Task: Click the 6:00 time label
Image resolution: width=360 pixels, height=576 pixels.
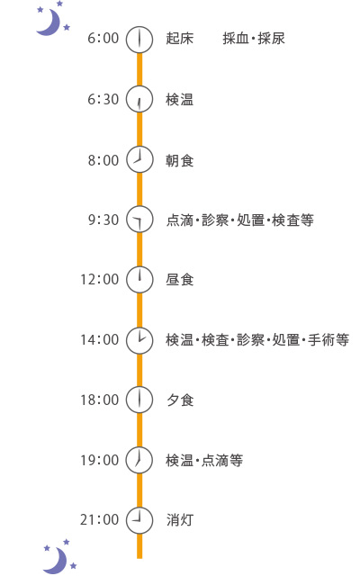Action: pos(103,38)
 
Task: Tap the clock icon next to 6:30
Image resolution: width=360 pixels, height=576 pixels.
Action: pos(139,99)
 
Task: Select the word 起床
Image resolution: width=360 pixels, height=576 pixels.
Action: pos(180,38)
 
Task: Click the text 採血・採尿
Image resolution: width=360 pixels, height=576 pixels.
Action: pos(254,38)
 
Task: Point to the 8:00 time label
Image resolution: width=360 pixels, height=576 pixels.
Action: pos(103,160)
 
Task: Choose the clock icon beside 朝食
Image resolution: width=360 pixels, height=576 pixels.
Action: pos(139,159)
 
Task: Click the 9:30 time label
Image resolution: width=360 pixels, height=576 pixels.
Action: pos(103,220)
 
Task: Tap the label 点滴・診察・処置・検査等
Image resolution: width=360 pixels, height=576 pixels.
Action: pos(240,220)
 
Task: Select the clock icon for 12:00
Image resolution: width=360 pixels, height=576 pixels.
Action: pos(139,279)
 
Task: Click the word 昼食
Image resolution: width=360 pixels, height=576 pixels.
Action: pos(180,280)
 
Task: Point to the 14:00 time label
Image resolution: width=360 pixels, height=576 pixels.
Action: pos(100,340)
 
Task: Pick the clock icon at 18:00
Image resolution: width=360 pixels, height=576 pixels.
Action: pos(139,400)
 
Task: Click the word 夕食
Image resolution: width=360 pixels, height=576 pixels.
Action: pos(180,400)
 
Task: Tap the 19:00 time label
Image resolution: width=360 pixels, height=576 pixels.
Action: pos(100,460)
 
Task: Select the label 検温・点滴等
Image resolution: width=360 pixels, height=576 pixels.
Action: pos(204,460)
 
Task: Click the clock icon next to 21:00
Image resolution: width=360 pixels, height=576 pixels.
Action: pos(139,520)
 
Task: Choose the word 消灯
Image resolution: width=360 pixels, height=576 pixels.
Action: pos(180,520)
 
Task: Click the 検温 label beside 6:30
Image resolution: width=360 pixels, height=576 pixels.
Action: pos(180,100)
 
